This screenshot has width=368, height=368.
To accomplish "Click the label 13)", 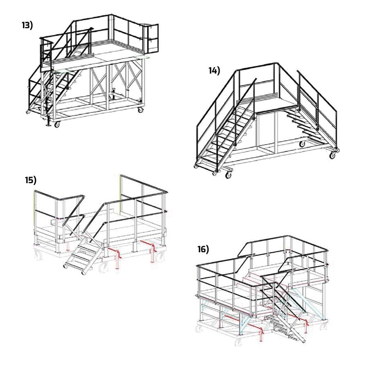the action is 27,25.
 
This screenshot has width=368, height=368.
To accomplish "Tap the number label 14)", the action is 214,70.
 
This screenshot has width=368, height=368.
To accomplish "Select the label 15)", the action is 31,180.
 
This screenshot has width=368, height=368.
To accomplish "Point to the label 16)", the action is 203,249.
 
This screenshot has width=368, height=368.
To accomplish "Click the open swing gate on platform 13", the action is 153,38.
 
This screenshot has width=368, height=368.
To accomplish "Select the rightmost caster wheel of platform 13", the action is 140,109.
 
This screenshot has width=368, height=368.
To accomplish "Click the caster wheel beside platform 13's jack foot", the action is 57,124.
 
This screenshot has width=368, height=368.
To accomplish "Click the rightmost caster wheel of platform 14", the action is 332,155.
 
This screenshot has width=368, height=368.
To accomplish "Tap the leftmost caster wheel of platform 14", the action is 195,166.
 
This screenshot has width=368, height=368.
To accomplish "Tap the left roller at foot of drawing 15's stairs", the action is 65,266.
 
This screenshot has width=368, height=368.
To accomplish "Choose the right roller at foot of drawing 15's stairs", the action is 83,273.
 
